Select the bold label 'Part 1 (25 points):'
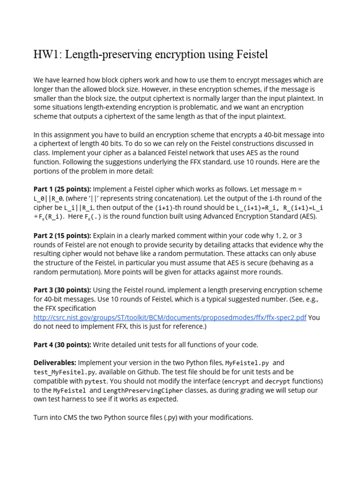click(62, 189)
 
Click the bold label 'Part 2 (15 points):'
click(62, 235)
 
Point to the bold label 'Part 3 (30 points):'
click(62, 290)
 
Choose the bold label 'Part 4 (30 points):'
click(62, 345)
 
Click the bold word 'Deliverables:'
click(55, 363)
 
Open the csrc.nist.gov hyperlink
click(170, 317)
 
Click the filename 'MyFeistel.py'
click(247, 363)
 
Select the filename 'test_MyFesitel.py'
click(65, 372)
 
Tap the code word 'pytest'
click(96, 381)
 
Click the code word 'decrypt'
click(278, 381)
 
